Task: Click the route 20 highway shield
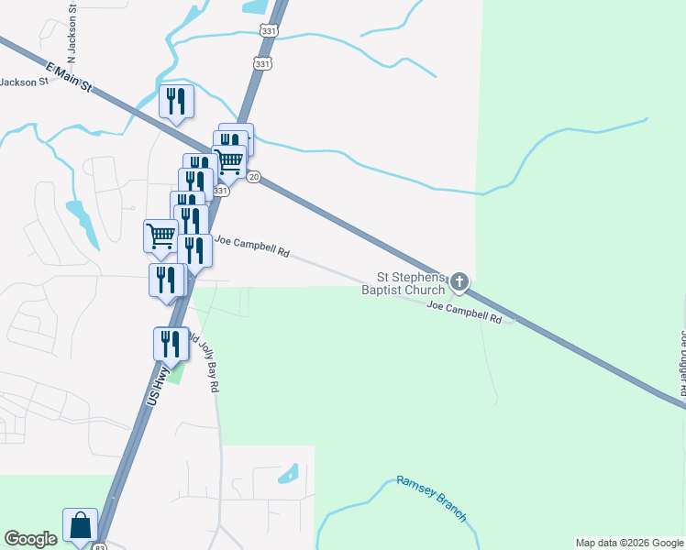tap(254, 176)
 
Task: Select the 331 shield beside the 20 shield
tap(221, 191)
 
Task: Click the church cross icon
tap(459, 281)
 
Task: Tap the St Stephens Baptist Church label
tap(412, 284)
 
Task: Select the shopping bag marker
tap(80, 526)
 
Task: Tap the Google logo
tap(30, 539)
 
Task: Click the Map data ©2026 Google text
tap(629, 543)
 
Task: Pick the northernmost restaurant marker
tap(176, 102)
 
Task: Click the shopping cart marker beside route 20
tap(228, 162)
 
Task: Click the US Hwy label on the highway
tap(160, 388)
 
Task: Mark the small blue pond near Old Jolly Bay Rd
tap(288, 474)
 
